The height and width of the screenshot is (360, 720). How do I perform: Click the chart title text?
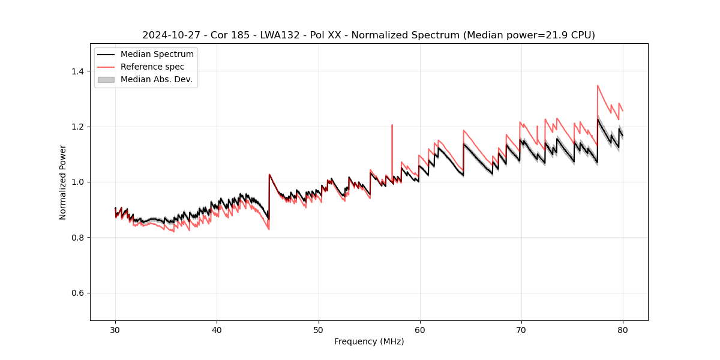click(x=368, y=35)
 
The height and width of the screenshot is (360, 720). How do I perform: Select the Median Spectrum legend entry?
click(x=157, y=55)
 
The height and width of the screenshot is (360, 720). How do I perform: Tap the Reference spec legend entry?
click(x=152, y=67)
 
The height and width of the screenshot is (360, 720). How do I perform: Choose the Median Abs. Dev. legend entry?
click(x=156, y=79)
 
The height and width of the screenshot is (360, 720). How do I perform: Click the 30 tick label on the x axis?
click(x=116, y=329)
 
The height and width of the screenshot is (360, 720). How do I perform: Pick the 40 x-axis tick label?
click(x=217, y=329)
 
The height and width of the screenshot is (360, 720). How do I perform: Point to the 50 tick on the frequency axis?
click(x=319, y=329)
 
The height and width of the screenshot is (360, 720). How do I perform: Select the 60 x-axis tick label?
click(x=420, y=329)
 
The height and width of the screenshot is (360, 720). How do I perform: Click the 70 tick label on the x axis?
click(x=521, y=329)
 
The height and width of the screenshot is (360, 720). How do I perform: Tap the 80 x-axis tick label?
click(x=623, y=329)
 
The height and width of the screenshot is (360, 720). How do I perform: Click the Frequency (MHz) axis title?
click(x=369, y=341)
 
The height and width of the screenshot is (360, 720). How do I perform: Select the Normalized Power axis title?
click(x=63, y=182)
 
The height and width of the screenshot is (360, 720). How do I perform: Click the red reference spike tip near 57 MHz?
click(x=392, y=125)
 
